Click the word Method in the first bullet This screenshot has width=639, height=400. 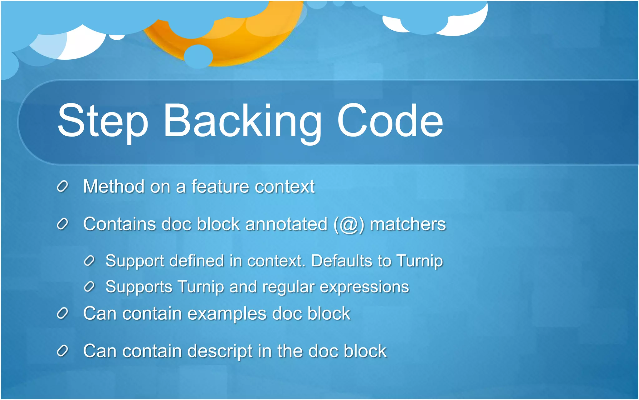click(114, 187)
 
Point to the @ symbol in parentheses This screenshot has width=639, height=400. click(349, 225)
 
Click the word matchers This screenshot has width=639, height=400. click(408, 224)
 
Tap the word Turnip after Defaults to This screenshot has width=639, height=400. click(420, 261)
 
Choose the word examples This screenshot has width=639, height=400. click(227, 314)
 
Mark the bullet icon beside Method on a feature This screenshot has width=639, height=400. click(62, 187)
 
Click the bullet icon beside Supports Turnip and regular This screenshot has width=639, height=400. click(89, 287)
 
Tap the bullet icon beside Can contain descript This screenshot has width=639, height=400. click(62, 351)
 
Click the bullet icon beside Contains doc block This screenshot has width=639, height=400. click(62, 224)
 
